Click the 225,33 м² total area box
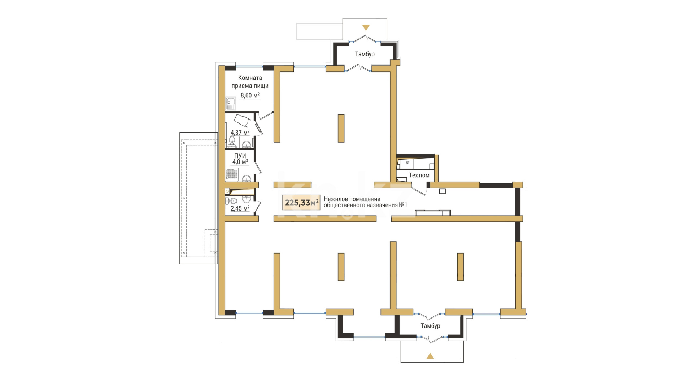pos(301,203)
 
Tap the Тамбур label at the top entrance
pos(365,54)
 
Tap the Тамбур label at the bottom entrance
pos(430,326)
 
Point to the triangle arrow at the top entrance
pos(366,27)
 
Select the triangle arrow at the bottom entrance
pos(430,356)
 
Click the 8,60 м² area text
pos(250,96)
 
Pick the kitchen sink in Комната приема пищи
pos(231,104)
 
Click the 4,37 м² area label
pos(240,133)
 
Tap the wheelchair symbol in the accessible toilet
pos(241,121)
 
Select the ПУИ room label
pos(240,156)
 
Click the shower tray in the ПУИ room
pos(232,174)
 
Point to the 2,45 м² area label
pos(240,208)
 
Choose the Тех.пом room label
pos(419,175)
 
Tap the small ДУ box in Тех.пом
pos(407,163)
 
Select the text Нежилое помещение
pos(352,199)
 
